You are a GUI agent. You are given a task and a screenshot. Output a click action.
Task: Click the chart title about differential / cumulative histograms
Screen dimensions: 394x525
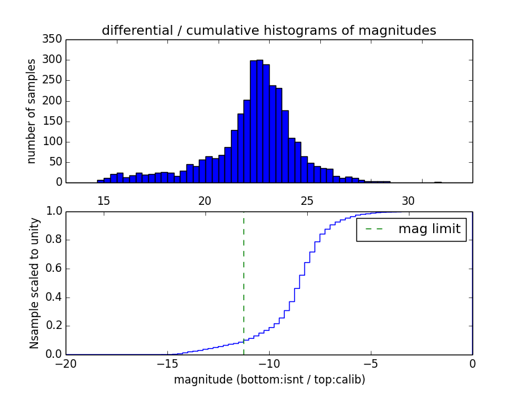click(268, 31)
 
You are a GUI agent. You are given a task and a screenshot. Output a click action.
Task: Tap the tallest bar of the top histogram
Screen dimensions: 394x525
click(260, 121)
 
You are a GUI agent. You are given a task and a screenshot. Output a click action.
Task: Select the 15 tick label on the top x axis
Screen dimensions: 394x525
click(103, 200)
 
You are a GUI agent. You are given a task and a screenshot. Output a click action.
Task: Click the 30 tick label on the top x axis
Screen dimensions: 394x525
click(408, 200)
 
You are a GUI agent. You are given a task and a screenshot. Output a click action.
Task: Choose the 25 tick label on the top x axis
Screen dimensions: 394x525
click(306, 200)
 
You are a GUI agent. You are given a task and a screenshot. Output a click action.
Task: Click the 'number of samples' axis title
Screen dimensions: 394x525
click(31, 110)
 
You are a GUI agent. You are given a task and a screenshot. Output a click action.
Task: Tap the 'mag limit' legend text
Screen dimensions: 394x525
click(429, 230)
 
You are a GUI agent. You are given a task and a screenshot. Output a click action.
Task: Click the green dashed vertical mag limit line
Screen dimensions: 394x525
click(243, 282)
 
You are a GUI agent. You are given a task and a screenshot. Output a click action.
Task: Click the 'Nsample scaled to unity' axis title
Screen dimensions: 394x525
click(34, 282)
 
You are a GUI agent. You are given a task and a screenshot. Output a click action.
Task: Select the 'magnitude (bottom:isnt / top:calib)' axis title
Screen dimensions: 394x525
click(269, 380)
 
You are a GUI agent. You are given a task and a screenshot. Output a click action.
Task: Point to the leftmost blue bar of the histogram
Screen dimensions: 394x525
click(100, 181)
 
